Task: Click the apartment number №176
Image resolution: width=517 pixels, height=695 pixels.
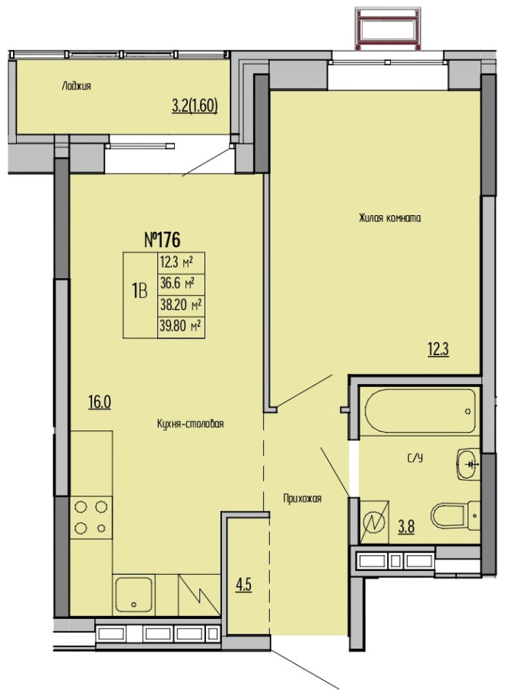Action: pyautogui.click(x=163, y=240)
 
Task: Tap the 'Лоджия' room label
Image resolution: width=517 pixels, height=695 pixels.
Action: pyautogui.click(x=76, y=86)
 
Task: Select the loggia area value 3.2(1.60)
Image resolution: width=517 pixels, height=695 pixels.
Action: pyautogui.click(x=195, y=106)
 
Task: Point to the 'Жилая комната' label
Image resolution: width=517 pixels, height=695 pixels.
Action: pyautogui.click(x=390, y=218)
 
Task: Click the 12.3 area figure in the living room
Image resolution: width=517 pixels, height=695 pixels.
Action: pyautogui.click(x=438, y=350)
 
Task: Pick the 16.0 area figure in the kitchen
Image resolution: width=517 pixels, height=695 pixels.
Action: pyautogui.click(x=100, y=402)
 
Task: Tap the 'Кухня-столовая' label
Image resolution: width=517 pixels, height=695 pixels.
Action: pyautogui.click(x=191, y=424)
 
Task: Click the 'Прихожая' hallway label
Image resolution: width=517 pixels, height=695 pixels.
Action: pyautogui.click(x=302, y=499)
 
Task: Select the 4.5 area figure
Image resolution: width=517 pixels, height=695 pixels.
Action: pyautogui.click(x=243, y=585)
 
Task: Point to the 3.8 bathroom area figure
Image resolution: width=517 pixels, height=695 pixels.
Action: pyautogui.click(x=406, y=527)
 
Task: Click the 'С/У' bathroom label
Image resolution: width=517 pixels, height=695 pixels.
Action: pyautogui.click(x=415, y=458)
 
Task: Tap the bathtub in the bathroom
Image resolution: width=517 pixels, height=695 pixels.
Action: pyautogui.click(x=420, y=411)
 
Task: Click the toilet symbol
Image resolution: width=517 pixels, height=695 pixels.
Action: pyautogui.click(x=455, y=516)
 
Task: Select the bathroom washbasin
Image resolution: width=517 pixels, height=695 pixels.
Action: pyautogui.click(x=468, y=464)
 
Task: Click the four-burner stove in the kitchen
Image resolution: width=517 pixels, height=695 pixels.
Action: pyautogui.click(x=90, y=517)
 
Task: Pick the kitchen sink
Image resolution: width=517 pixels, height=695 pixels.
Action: pyautogui.click(x=133, y=595)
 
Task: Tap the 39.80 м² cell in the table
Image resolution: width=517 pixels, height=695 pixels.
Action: pyautogui.click(x=181, y=327)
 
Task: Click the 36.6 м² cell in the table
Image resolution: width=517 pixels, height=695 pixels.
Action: pyautogui.click(x=181, y=284)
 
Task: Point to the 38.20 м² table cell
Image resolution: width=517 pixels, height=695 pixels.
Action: pyautogui.click(x=181, y=306)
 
